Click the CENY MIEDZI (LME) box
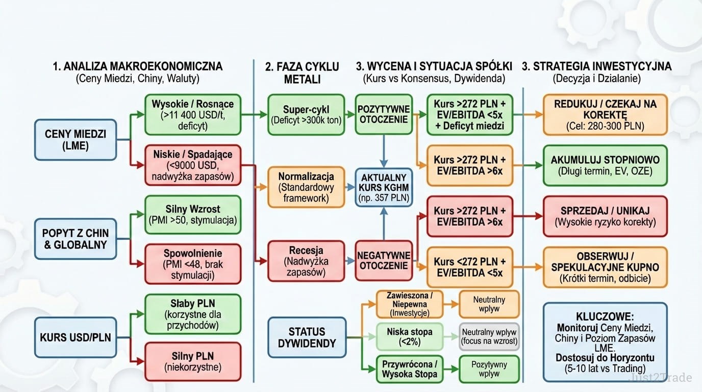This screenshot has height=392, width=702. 76,139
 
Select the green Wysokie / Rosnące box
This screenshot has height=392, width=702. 192,114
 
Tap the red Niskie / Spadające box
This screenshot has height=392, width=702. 192,164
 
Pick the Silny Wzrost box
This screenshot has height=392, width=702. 192,214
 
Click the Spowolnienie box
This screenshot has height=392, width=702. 192,264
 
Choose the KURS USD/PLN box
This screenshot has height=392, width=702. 76,337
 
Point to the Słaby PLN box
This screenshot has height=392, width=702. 192,314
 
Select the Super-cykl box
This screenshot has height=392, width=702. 306,114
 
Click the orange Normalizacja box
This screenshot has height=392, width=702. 306,187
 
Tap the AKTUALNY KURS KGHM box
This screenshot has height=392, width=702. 384,187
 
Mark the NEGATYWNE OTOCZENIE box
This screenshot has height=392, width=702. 384,260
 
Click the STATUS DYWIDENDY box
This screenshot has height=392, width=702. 307,337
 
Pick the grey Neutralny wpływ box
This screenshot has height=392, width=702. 489,337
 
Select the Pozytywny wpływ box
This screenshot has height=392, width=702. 489,369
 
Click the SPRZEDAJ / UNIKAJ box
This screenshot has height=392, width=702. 605,216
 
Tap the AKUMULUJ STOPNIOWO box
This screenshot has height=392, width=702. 605,165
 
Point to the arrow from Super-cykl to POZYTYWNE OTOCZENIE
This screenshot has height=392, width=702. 350,114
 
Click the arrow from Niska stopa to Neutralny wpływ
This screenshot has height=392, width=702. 450,337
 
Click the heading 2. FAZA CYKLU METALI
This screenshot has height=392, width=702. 302,72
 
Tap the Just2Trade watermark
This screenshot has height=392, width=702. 661,378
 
